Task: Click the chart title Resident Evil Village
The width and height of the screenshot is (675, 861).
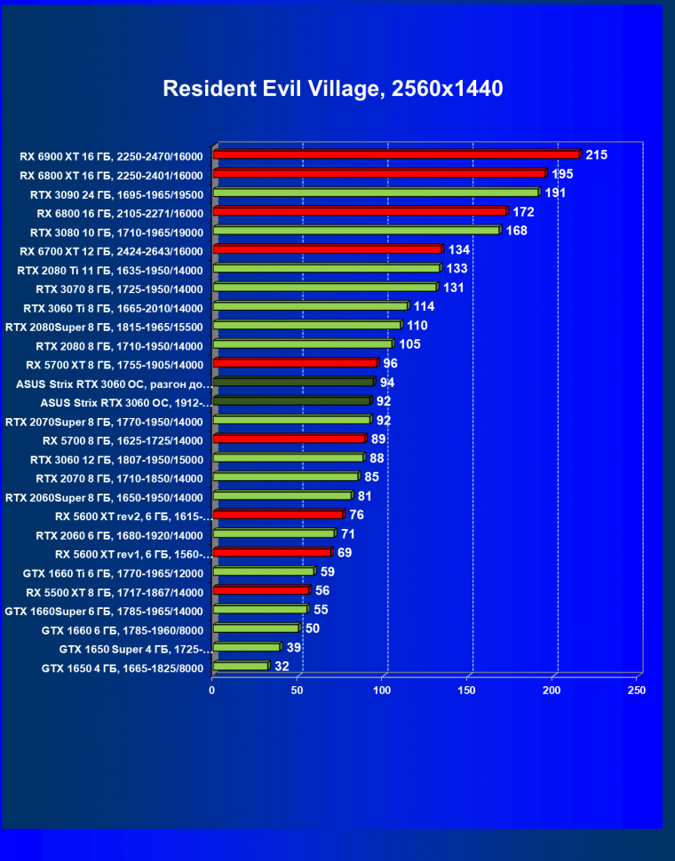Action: [332, 89]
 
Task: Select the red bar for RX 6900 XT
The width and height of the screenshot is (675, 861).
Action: [396, 154]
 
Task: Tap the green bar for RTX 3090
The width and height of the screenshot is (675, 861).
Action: [376, 193]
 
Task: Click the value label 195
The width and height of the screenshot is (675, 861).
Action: [562, 174]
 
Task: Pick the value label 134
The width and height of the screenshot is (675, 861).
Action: [459, 249]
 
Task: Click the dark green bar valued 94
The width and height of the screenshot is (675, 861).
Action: [293, 383]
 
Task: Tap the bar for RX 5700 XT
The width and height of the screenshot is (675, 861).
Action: [295, 364]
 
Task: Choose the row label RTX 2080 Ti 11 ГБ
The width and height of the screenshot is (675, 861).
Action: [110, 270]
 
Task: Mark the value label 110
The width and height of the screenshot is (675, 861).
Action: [417, 326]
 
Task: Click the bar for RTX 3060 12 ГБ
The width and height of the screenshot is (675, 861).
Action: [288, 459]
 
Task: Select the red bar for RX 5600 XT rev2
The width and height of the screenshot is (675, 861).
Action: [278, 516]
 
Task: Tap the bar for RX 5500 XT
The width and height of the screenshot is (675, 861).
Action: [261, 591]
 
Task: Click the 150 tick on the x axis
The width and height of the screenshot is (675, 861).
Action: [467, 690]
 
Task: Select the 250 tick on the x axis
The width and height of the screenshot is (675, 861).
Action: [637, 690]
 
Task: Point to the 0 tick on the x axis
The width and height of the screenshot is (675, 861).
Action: [212, 690]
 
